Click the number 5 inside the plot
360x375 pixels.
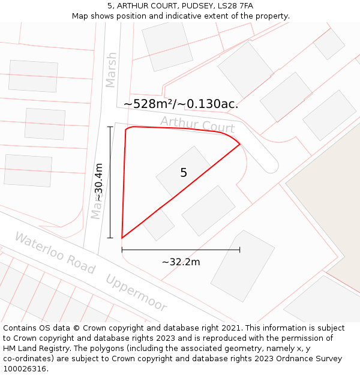coord(184,173)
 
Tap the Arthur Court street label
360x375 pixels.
coord(197,125)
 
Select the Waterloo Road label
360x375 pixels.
coord(55,253)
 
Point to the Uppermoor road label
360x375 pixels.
coord(136,293)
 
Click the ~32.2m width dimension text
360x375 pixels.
coord(181,262)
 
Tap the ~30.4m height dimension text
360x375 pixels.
coord(99,182)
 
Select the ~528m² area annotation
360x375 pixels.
coord(181,104)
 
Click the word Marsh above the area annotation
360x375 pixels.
coord(111,70)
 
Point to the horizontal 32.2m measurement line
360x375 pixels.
coord(181,250)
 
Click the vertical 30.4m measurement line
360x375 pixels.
coord(110,182)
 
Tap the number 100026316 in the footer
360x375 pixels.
coord(24,368)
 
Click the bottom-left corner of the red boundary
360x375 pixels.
coord(122,238)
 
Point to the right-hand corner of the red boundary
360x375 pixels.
coord(240,145)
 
